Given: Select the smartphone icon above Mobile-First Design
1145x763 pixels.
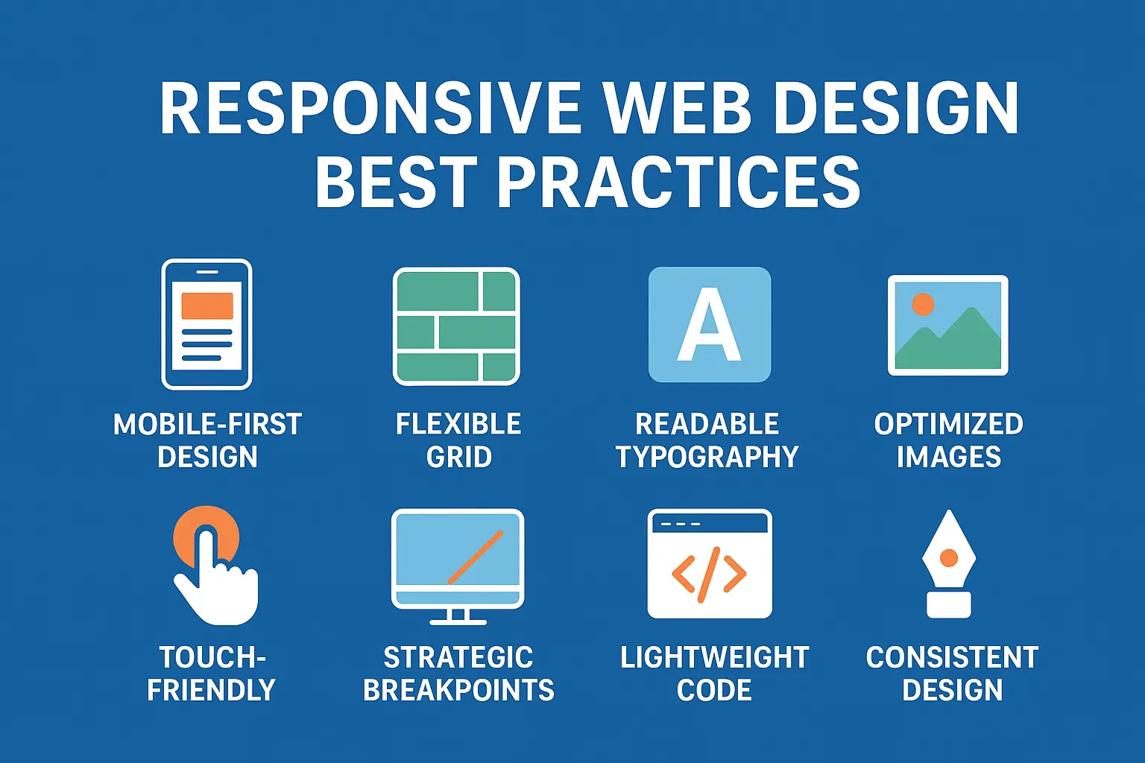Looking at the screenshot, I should coord(207,324).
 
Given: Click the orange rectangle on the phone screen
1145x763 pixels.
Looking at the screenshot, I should coord(207,305).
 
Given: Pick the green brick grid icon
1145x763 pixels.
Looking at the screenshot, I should coord(456,326).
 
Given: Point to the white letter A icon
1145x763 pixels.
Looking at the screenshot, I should coord(709,325).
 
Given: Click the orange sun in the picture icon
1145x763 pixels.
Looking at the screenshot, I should coord(923,304).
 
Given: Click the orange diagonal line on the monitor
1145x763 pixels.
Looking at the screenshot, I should coord(476,557).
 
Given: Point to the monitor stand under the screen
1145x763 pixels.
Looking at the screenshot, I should coord(458,616).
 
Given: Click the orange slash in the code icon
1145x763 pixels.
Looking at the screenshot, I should coord(708,574).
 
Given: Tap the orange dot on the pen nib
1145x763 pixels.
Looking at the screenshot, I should coord(949,557).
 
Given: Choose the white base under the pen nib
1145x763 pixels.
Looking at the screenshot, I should coord(949,604).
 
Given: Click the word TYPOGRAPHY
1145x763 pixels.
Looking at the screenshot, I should coord(707,457).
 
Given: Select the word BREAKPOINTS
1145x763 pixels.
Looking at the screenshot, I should coord(458,691).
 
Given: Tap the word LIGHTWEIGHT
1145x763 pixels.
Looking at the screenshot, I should coord(714,658).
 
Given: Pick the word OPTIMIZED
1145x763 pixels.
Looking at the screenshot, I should coord(948,424).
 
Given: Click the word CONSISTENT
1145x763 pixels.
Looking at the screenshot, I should coord(952,658).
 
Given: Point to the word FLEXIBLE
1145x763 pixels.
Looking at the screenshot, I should coord(458,424).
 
